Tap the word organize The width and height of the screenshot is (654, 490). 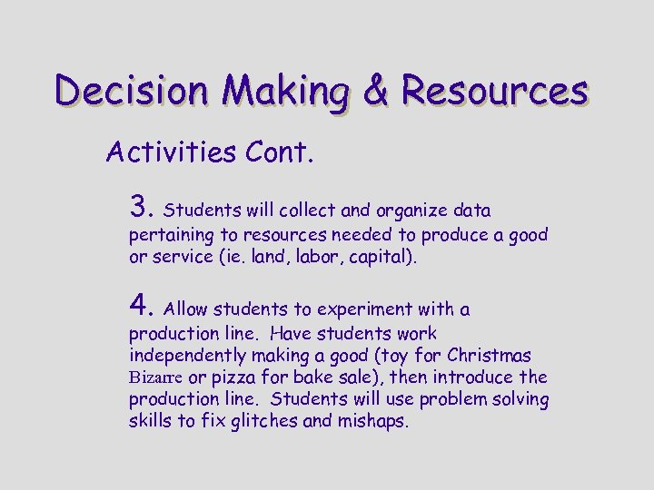click(410, 211)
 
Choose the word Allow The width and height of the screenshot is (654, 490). click(186, 310)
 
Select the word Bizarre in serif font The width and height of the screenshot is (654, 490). click(156, 377)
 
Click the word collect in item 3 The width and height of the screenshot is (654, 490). click(307, 211)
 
